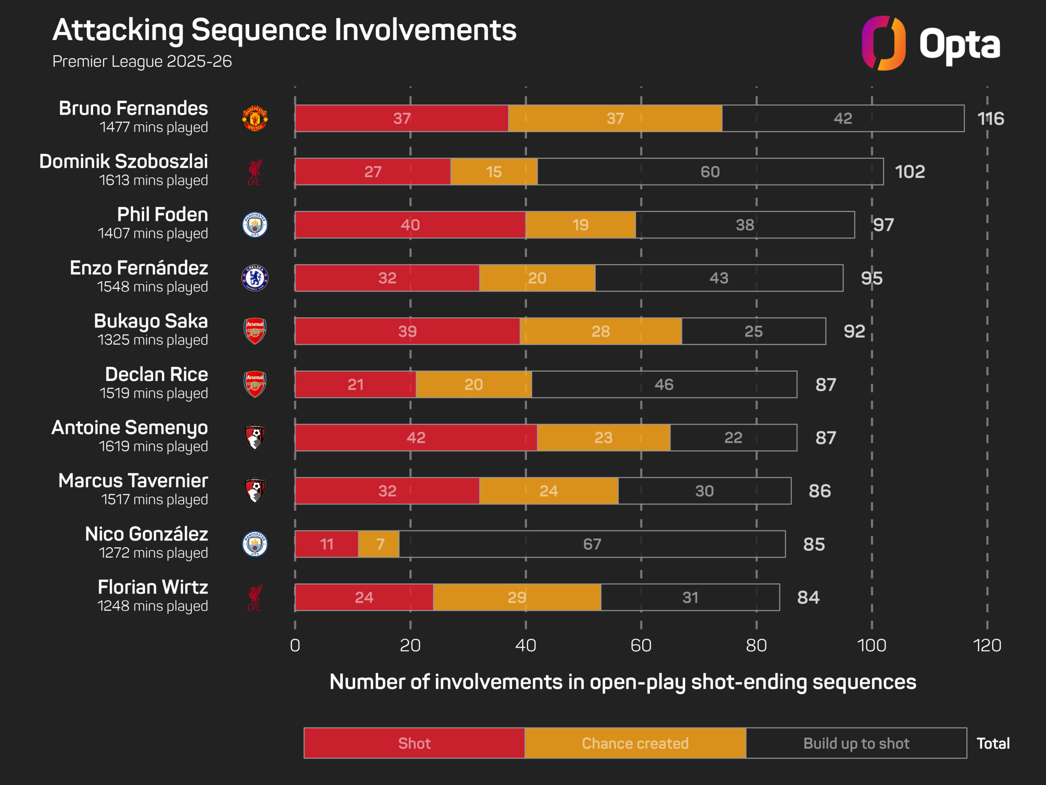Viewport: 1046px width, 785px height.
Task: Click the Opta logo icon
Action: (x=883, y=43)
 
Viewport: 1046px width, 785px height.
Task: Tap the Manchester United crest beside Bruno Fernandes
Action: (x=255, y=118)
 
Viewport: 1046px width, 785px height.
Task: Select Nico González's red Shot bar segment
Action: (x=326, y=544)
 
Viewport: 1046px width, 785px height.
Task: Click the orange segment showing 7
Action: (x=379, y=544)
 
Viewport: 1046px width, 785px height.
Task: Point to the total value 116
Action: (x=991, y=118)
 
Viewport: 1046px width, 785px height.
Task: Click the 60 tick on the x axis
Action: (x=641, y=646)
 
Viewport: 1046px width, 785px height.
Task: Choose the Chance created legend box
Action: (x=635, y=743)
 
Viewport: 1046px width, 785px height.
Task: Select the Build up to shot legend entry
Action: (x=856, y=743)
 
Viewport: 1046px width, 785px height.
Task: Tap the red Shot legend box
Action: (x=414, y=743)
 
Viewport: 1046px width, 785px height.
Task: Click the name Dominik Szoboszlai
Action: (x=123, y=161)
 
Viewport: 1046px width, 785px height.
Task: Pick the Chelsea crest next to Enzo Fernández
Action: (x=255, y=278)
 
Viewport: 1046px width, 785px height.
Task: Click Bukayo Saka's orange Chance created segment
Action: (x=601, y=331)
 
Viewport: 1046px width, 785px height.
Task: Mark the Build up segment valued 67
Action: (x=592, y=544)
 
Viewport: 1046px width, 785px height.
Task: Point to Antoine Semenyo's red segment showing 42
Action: (x=416, y=438)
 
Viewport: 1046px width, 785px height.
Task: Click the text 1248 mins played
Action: (x=152, y=606)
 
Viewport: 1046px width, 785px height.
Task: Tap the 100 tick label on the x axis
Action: (x=872, y=646)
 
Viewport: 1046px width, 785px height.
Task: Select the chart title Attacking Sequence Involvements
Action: (x=284, y=30)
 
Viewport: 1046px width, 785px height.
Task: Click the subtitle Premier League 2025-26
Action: (x=142, y=61)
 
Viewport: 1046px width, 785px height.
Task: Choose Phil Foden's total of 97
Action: (x=883, y=225)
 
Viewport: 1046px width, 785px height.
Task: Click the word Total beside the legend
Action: (x=993, y=743)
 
